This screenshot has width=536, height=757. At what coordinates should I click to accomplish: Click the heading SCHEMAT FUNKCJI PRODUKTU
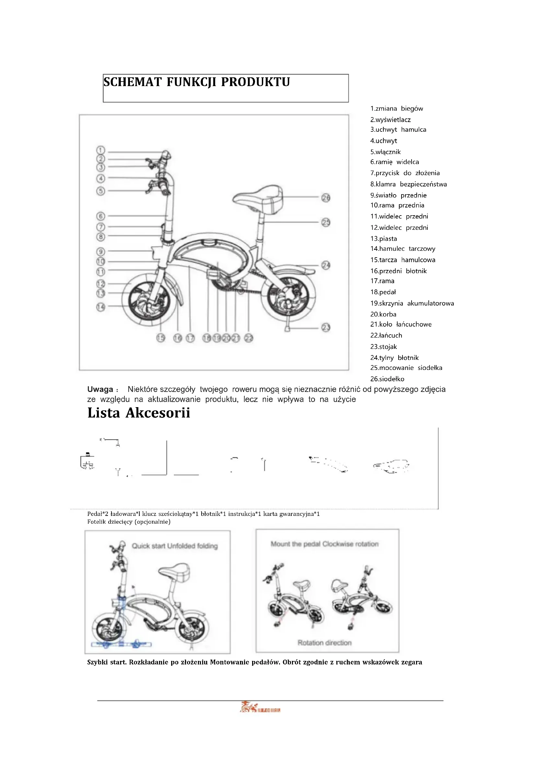197,82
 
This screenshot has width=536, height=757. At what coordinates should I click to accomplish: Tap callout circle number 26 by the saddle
326,197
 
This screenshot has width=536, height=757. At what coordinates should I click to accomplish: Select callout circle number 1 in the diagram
101,150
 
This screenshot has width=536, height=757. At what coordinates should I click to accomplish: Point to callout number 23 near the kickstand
326,328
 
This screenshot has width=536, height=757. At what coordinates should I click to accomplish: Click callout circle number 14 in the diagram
101,307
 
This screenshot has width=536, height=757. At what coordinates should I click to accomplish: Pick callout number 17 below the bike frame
191,338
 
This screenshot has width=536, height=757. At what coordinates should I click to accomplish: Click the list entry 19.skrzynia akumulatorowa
412,303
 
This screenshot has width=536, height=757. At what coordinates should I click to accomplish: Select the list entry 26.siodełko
387,379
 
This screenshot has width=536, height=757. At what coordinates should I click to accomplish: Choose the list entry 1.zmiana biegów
396,109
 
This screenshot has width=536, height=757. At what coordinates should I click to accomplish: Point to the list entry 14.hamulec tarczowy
403,249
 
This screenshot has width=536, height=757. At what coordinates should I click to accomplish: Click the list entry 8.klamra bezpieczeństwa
408,184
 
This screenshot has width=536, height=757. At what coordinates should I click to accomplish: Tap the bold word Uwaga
100,389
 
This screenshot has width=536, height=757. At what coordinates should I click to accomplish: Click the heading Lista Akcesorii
139,413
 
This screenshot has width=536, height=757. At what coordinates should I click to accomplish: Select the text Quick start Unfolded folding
175,546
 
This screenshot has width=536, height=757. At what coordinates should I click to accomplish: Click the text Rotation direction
324,643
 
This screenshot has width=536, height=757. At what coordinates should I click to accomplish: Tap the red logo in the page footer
260,707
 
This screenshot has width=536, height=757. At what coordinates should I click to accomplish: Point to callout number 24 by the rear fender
326,265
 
